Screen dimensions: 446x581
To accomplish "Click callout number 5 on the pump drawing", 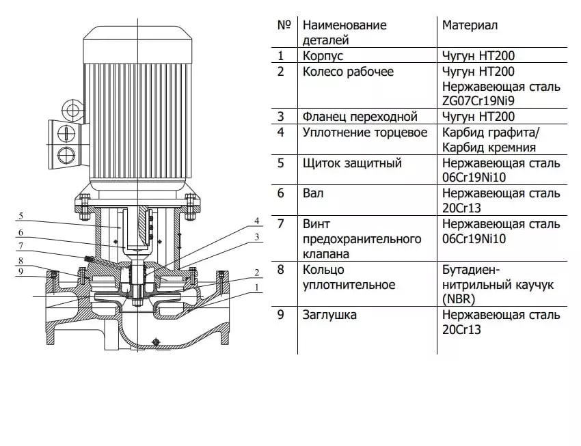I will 21,216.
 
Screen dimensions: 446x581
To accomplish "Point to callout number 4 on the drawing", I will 257,221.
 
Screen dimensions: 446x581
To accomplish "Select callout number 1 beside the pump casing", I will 257,288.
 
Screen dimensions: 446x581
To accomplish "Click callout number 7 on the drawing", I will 21,246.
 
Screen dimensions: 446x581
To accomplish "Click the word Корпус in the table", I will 323,56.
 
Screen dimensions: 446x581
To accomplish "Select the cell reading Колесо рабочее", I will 348,72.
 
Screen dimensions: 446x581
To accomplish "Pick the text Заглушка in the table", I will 329,315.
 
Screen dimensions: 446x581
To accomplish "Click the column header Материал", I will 470,25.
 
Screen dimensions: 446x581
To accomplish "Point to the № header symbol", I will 284,25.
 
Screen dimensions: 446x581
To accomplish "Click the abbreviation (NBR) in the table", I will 459,299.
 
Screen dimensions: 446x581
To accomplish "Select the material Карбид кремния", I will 488,147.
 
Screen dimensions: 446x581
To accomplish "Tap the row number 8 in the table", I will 281,270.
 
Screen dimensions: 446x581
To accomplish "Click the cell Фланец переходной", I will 360,117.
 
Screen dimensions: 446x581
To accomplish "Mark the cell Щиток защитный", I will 352,163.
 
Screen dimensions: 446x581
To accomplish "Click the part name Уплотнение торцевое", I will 365,133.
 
